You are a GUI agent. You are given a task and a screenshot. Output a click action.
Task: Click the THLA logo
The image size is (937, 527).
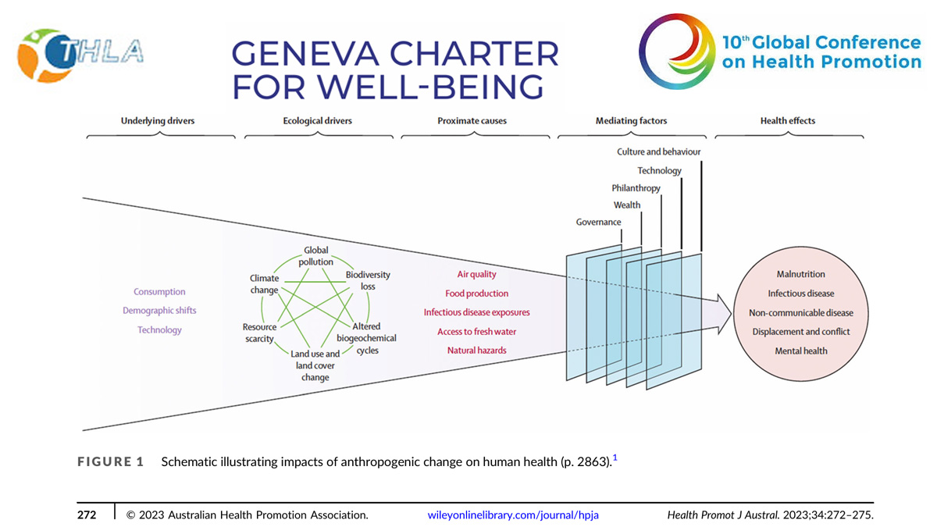tap(80, 55)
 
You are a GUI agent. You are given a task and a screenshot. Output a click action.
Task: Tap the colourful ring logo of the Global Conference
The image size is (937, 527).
tap(677, 51)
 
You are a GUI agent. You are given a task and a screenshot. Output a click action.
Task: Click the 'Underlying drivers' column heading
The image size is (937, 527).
tap(158, 121)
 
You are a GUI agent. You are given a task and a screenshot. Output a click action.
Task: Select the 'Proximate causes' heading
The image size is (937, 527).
tap(472, 121)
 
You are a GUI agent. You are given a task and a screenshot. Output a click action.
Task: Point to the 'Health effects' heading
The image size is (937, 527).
tap(788, 121)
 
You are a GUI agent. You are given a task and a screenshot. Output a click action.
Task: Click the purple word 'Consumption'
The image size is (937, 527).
tap(159, 291)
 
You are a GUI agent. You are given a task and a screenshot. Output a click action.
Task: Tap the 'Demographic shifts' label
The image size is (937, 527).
tap(159, 311)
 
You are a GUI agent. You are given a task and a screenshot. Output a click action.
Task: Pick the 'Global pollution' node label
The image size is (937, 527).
tap(315, 256)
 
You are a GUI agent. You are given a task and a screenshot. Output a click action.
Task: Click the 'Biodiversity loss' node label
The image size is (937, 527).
tap(368, 280)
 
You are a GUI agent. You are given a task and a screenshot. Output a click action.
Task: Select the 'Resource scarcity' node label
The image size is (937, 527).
tap(259, 333)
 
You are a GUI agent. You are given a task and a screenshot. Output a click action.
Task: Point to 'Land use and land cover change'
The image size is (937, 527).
tap(315, 365)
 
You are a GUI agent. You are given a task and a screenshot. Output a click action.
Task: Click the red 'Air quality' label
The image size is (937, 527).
tap(476, 274)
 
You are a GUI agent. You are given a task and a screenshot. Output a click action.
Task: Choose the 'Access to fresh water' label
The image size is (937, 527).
tap(476, 332)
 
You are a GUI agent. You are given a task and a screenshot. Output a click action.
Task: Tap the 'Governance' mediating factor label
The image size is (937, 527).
tap(598, 222)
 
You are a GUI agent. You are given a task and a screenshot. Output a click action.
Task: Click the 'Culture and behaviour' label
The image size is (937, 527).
tap(658, 151)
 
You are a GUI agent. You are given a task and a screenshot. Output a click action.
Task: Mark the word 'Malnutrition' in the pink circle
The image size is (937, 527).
tap(800, 274)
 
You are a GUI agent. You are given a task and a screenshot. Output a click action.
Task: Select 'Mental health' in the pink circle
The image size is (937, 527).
tap(800, 351)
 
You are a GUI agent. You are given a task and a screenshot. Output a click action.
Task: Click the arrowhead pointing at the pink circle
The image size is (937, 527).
tap(725, 314)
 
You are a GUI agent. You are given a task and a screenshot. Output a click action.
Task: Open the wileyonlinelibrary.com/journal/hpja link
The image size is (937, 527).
tap(513, 515)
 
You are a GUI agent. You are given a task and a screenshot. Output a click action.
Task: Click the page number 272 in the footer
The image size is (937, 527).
tap(87, 515)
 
